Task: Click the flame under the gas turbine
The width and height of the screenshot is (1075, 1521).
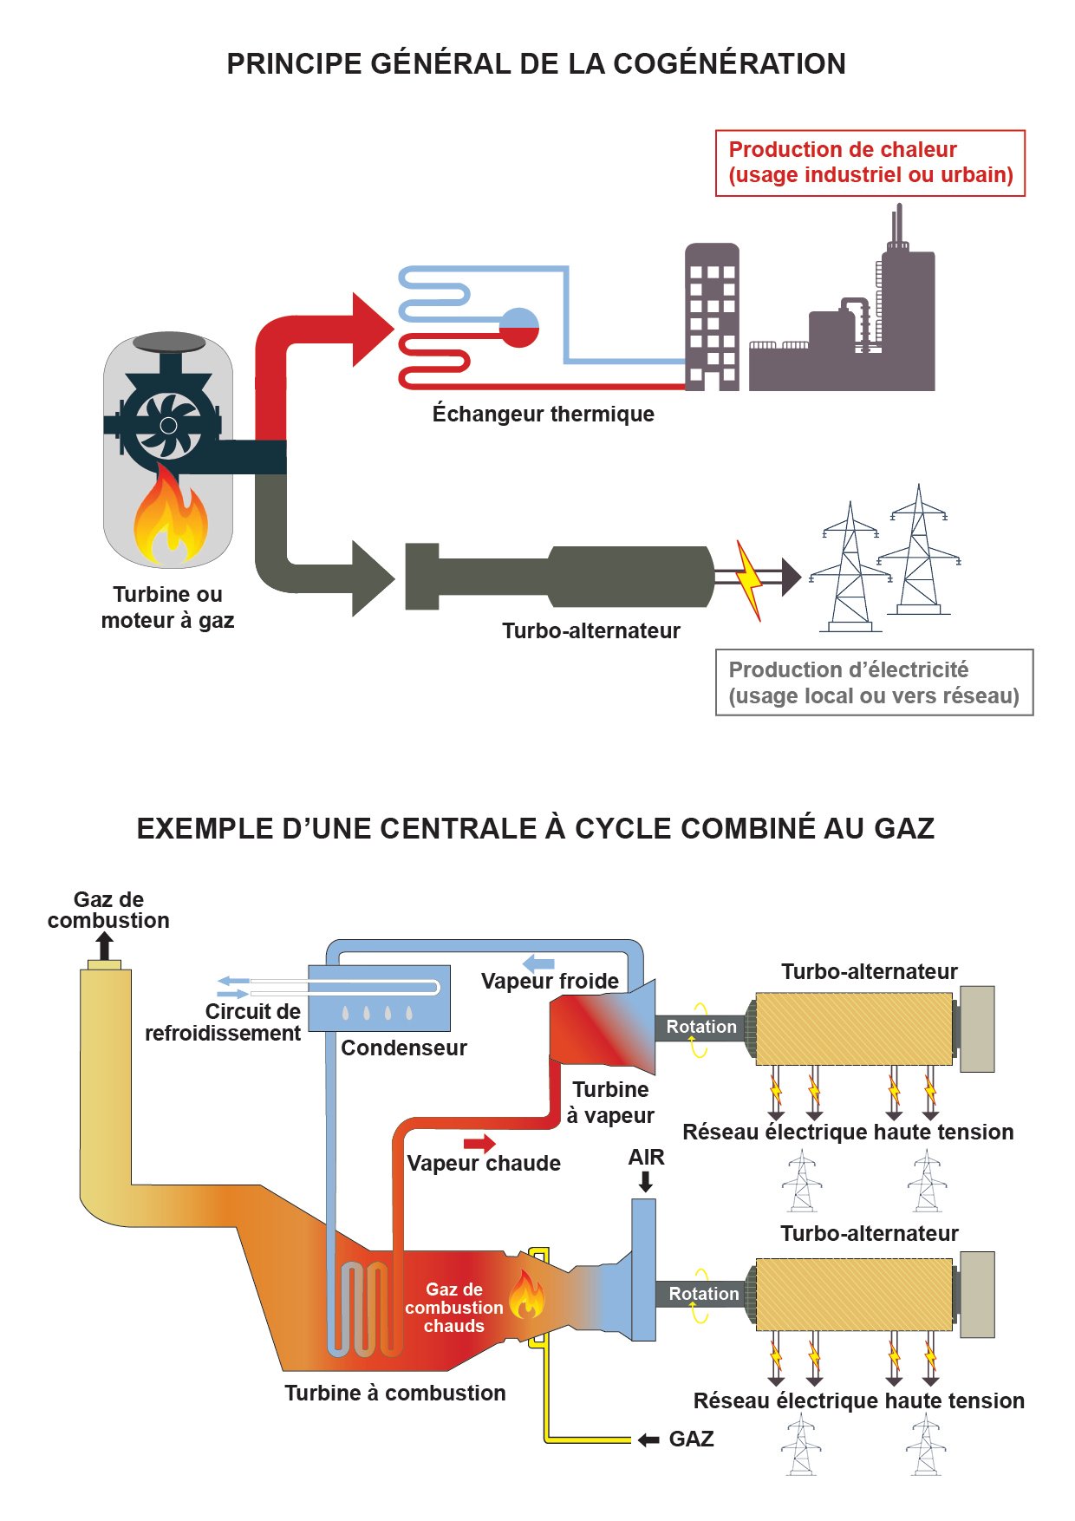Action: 170,519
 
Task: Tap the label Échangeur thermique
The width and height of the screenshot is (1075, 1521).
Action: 543,414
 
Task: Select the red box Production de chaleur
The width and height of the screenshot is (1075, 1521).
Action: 870,163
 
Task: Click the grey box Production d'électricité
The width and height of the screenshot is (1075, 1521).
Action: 874,682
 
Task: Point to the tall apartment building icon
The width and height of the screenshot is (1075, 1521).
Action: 712,317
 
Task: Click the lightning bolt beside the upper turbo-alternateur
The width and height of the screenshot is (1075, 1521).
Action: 749,579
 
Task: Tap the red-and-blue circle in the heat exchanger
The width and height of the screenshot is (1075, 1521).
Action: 519,328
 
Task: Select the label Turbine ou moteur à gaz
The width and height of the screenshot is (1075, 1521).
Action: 167,607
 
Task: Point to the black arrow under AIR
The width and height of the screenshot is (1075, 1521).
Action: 645,1181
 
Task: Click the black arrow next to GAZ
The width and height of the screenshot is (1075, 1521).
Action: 648,1439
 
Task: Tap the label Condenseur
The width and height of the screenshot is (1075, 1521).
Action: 404,1048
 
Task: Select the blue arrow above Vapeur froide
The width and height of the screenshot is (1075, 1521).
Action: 539,963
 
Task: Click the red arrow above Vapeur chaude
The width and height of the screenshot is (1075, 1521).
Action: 479,1143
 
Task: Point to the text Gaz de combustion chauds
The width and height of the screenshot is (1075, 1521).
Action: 453,1308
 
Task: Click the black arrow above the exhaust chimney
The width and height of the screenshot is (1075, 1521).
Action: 105,945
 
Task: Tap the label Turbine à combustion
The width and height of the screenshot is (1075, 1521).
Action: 395,1393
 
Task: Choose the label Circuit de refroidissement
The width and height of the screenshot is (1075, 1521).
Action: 225,1022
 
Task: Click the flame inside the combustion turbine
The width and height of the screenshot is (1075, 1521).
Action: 526,1295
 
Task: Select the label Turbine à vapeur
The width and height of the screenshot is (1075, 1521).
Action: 610,1102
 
